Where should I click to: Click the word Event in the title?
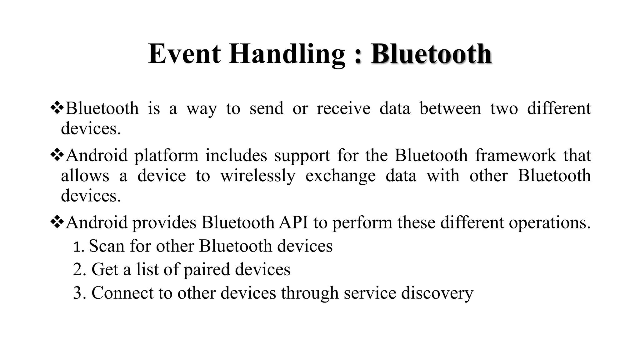[x=184, y=54]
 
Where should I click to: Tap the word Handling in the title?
[x=287, y=54]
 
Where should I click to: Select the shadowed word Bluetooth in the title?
[x=431, y=54]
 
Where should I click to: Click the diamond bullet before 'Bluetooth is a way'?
[x=57, y=108]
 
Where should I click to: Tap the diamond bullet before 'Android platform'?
[x=57, y=155]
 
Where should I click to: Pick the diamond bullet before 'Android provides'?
[x=57, y=222]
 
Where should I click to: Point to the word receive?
[x=343, y=108]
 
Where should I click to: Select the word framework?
[x=516, y=155]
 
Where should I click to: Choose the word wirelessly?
[x=258, y=176]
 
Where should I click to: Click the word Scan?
[x=107, y=246]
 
